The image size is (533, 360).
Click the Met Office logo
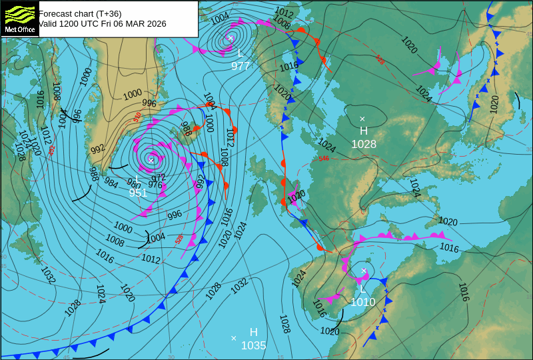coord(19,19)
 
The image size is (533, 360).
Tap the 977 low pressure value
coord(241,66)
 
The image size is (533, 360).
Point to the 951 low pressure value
coord(138,193)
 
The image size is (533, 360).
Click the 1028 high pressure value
coord(364,144)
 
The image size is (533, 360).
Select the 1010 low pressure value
coord(363,302)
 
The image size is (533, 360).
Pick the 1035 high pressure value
coord(254,345)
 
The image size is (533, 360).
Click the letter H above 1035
coord(254,332)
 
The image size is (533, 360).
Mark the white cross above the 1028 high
coord(363,119)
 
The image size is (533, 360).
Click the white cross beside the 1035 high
coord(233,338)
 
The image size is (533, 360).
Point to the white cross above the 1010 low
coord(364,271)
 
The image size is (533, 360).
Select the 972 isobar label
coord(159,177)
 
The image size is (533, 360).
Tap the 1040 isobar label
coord(296,195)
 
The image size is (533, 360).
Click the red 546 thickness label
coord(324,159)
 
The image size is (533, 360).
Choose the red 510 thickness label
coord(137,117)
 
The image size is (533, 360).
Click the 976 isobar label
coord(155,185)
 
